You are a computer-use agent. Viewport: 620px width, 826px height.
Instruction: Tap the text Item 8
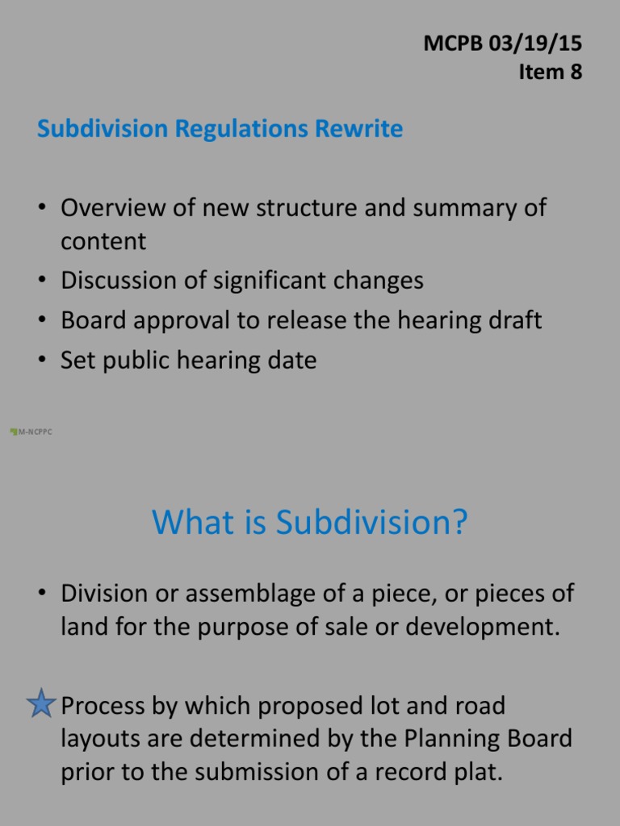pos(550,72)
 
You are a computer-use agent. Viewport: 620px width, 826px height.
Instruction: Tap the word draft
pos(512,320)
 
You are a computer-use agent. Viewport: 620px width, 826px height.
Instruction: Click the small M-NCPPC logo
pos(31,432)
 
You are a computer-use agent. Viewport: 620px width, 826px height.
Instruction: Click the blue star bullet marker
pos(40,705)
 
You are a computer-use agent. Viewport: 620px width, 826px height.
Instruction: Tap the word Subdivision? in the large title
pos(372,523)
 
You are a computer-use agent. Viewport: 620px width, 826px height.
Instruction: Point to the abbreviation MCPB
pos(453,44)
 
